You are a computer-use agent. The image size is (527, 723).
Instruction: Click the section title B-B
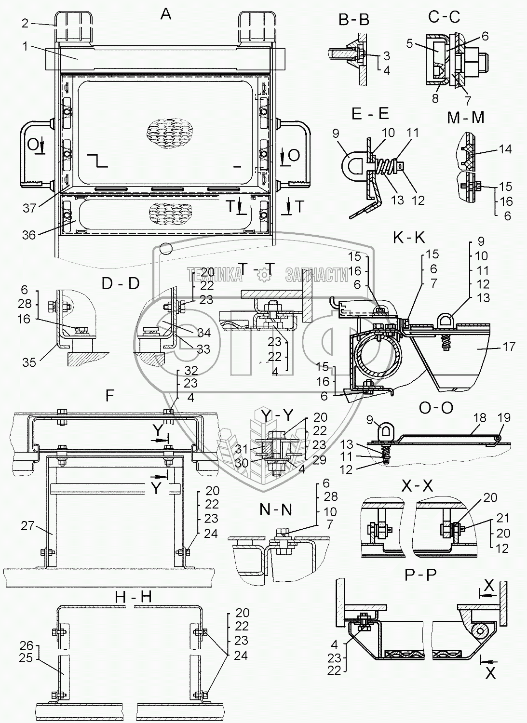point(354,20)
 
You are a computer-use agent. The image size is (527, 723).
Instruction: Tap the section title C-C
point(444,17)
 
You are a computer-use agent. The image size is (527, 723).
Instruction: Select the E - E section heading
point(370,114)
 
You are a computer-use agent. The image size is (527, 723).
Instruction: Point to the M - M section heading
point(466,118)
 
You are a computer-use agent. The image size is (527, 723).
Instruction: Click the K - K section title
point(409,238)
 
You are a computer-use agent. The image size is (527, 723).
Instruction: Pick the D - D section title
point(121,283)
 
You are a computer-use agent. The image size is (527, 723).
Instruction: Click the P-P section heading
point(420,575)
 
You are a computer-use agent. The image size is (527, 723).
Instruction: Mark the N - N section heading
point(275,510)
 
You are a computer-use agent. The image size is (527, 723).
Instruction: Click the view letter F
point(110,396)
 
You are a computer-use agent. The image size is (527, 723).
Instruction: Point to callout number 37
point(29,208)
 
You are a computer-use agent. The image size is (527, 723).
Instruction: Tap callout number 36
point(29,235)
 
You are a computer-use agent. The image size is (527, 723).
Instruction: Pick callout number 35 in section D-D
point(29,362)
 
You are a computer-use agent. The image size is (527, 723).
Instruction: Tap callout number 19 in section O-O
point(504,418)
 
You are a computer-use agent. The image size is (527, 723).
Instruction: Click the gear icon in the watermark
point(264,275)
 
